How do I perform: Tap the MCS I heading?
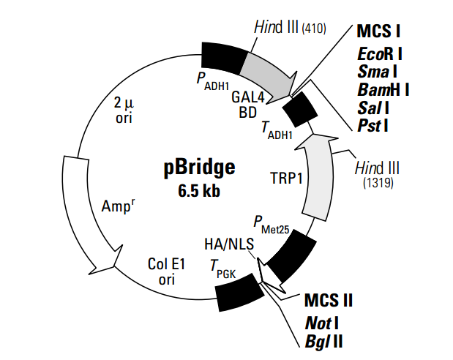[379, 31]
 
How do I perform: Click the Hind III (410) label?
[290, 28]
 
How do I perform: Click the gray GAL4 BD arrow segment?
[268, 68]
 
